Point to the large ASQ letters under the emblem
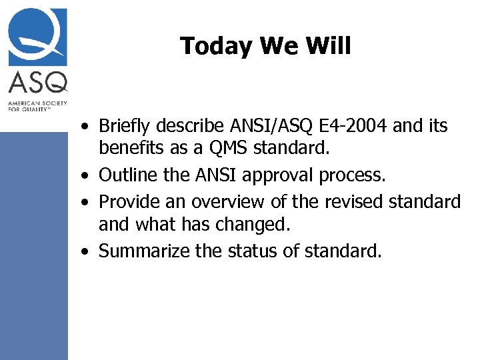(x=38, y=83)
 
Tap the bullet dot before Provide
(x=87, y=202)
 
